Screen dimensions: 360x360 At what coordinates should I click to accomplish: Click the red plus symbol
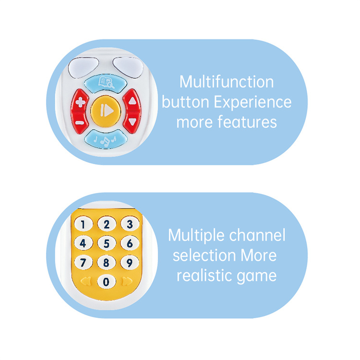pos(81,102)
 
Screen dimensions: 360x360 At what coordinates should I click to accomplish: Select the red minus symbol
pos(81,122)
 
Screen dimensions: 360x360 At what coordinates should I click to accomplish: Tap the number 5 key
pos(107,243)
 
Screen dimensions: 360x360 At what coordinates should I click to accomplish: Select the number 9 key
pos(129,263)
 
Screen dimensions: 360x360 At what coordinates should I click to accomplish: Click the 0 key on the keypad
pos(107,281)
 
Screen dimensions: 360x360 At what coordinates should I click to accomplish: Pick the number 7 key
pos(84,263)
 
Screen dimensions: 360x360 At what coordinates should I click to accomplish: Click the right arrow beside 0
pos(126,281)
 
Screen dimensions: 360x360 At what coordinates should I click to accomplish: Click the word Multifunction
pos(227,82)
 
